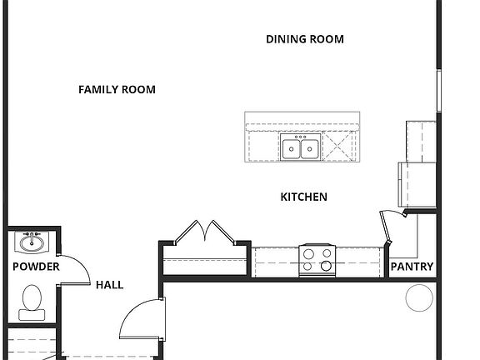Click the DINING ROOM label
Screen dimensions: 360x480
point(305,39)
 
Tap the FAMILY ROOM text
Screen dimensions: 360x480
point(117,90)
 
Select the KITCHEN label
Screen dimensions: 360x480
point(303,197)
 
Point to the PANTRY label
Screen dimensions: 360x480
point(412,267)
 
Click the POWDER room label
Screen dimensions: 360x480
point(36,267)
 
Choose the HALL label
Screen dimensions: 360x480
point(109,285)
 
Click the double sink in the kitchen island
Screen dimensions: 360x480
point(300,148)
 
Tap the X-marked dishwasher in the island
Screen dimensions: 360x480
point(339,148)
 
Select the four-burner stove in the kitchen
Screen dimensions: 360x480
point(317,259)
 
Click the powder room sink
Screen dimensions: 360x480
point(32,243)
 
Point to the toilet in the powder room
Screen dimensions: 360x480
point(32,301)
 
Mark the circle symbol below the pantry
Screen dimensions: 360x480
point(419,297)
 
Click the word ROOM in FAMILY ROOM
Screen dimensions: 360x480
point(138,90)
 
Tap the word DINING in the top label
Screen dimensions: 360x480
point(286,39)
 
